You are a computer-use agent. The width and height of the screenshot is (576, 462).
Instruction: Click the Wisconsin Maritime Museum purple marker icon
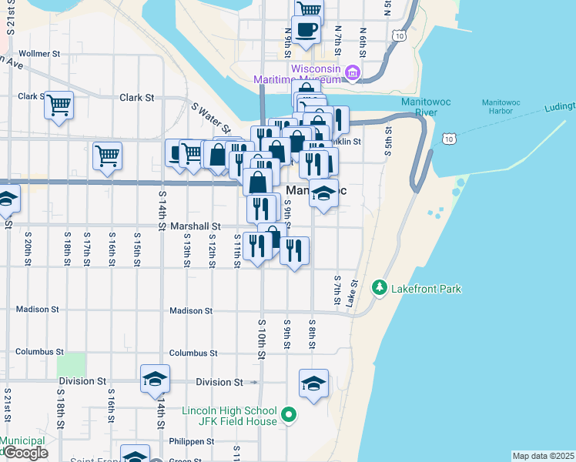tap(353, 74)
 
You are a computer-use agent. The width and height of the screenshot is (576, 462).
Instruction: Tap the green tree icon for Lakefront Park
tap(379, 289)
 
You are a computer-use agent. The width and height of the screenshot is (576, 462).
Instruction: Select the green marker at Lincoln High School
tap(289, 415)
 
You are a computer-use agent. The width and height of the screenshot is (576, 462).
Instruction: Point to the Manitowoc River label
tap(419, 107)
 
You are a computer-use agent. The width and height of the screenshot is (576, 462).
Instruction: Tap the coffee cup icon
tap(306, 30)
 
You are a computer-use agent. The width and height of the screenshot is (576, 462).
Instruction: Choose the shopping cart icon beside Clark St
tap(59, 105)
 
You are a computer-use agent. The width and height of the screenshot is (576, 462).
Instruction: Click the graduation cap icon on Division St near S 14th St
tap(155, 379)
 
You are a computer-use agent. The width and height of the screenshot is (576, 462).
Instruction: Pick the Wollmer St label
tap(40, 54)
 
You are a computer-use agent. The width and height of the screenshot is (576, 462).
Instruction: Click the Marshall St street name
tap(196, 226)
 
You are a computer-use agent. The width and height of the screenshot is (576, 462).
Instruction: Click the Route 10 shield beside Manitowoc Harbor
tap(449, 137)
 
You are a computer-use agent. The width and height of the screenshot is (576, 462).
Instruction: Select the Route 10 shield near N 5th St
tap(398, 35)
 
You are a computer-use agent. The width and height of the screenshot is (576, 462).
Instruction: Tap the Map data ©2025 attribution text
tap(544, 456)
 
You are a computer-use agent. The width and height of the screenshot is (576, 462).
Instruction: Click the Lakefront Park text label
tap(426, 289)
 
